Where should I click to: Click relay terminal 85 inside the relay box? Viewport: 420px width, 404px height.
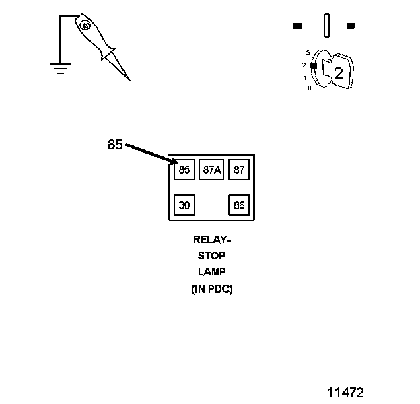pyautogui.click(x=184, y=170)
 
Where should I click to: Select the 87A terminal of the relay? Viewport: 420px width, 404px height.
pyautogui.click(x=211, y=170)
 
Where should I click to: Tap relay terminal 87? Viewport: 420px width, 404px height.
pyautogui.click(x=239, y=170)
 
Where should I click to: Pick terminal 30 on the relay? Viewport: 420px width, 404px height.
pyautogui.click(x=184, y=205)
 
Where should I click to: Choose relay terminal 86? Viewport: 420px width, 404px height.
pyautogui.click(x=239, y=205)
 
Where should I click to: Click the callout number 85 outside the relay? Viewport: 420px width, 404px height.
pyautogui.click(x=115, y=145)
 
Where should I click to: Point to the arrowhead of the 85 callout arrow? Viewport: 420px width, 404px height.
pyautogui.click(x=174, y=162)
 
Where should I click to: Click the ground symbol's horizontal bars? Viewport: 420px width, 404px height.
pyautogui.click(x=60, y=67)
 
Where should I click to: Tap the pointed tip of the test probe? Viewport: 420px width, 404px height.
pyautogui.click(x=129, y=80)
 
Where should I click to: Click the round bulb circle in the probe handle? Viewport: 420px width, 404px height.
pyautogui.click(x=85, y=25)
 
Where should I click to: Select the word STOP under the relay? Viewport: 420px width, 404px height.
pyautogui.click(x=211, y=256)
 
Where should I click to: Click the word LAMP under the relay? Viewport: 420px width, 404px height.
pyautogui.click(x=211, y=272)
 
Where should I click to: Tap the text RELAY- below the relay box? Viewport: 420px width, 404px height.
pyautogui.click(x=211, y=240)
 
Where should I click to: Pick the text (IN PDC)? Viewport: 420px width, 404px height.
pyautogui.click(x=211, y=290)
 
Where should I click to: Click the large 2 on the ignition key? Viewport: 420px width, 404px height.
pyautogui.click(x=339, y=73)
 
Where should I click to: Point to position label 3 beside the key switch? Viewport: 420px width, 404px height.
pyautogui.click(x=307, y=53)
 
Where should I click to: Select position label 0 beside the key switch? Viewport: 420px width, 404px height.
pyautogui.click(x=309, y=88)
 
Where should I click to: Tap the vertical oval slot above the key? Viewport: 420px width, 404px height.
pyautogui.click(x=327, y=26)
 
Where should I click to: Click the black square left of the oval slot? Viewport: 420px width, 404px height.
pyautogui.click(x=297, y=26)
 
